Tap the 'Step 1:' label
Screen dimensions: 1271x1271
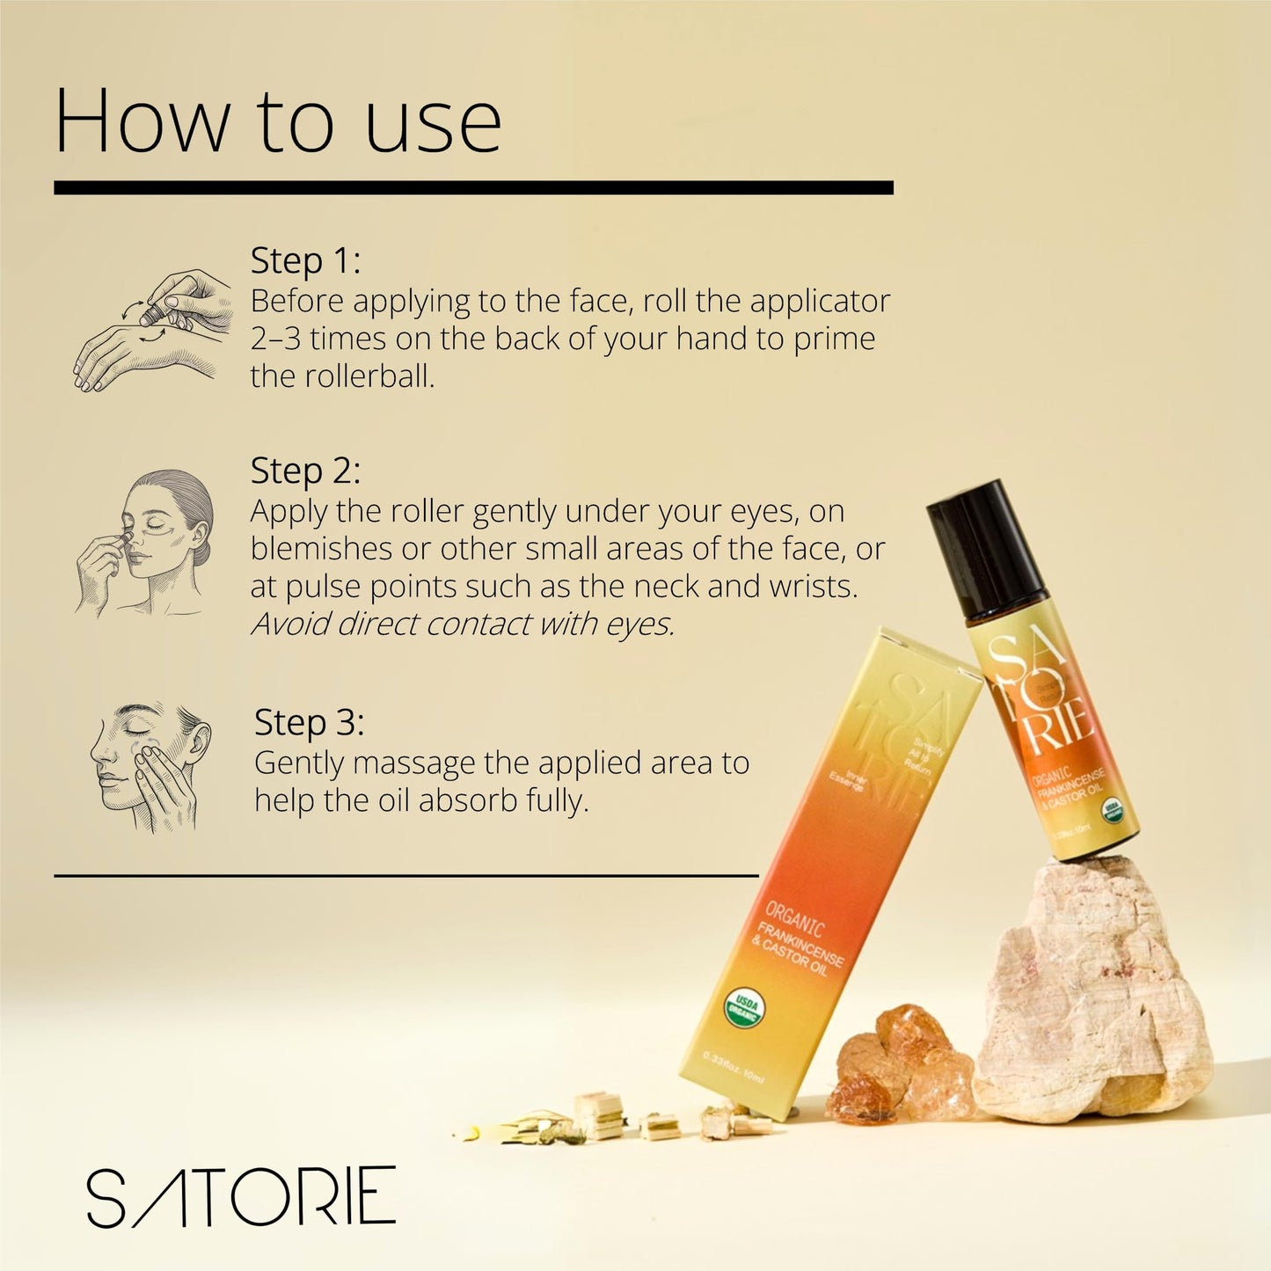305,260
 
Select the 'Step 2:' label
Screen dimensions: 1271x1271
305,471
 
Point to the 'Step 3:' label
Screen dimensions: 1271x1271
309,722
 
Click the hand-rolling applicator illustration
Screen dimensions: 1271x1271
153,330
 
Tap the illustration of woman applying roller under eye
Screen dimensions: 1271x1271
145,542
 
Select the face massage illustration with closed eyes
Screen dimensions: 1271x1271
150,765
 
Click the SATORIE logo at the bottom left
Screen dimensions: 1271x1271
241,1197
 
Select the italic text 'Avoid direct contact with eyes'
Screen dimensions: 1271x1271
463,624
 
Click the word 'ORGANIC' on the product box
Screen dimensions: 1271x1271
794,919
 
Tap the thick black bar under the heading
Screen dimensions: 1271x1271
473,188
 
